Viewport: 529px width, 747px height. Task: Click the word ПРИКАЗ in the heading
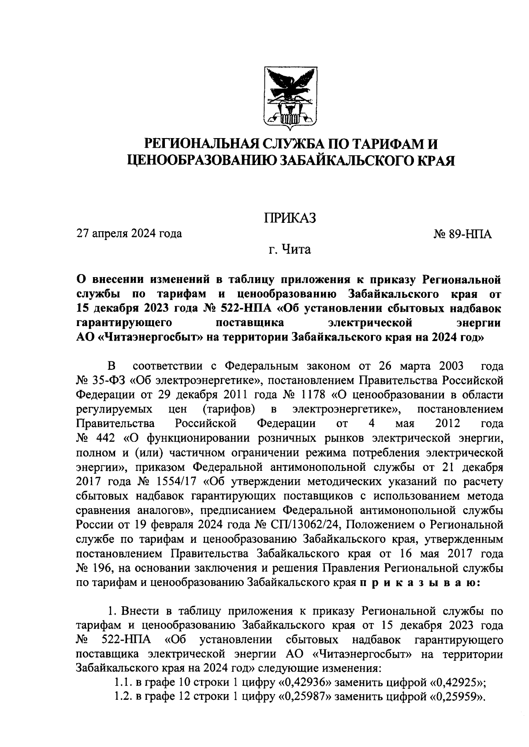290,218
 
